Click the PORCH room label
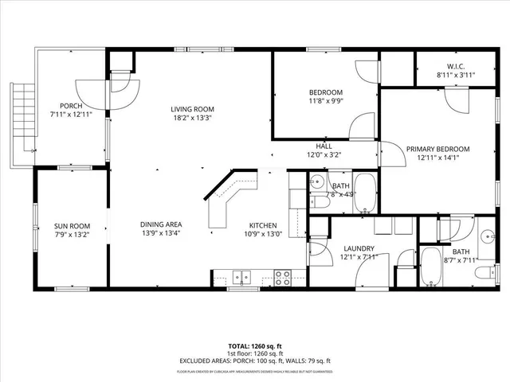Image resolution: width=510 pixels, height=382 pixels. click(71, 105)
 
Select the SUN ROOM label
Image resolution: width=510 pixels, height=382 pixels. click(71, 226)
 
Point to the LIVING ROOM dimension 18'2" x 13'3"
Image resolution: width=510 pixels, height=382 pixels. click(192, 119)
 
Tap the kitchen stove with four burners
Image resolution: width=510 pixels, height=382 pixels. click(283, 277)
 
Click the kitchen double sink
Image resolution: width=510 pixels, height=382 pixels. click(241, 278)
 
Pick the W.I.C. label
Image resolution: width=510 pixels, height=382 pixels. click(456, 66)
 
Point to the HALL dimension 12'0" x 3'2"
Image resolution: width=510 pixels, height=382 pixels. click(324, 155)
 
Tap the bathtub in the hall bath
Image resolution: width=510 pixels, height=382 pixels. click(366, 194)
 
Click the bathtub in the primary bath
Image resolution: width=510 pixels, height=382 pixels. click(430, 268)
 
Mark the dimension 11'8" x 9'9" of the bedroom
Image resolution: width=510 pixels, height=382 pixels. click(326, 102)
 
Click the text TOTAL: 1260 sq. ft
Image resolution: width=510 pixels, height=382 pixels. click(255, 346)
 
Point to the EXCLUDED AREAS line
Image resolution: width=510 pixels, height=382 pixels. click(255, 361)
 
